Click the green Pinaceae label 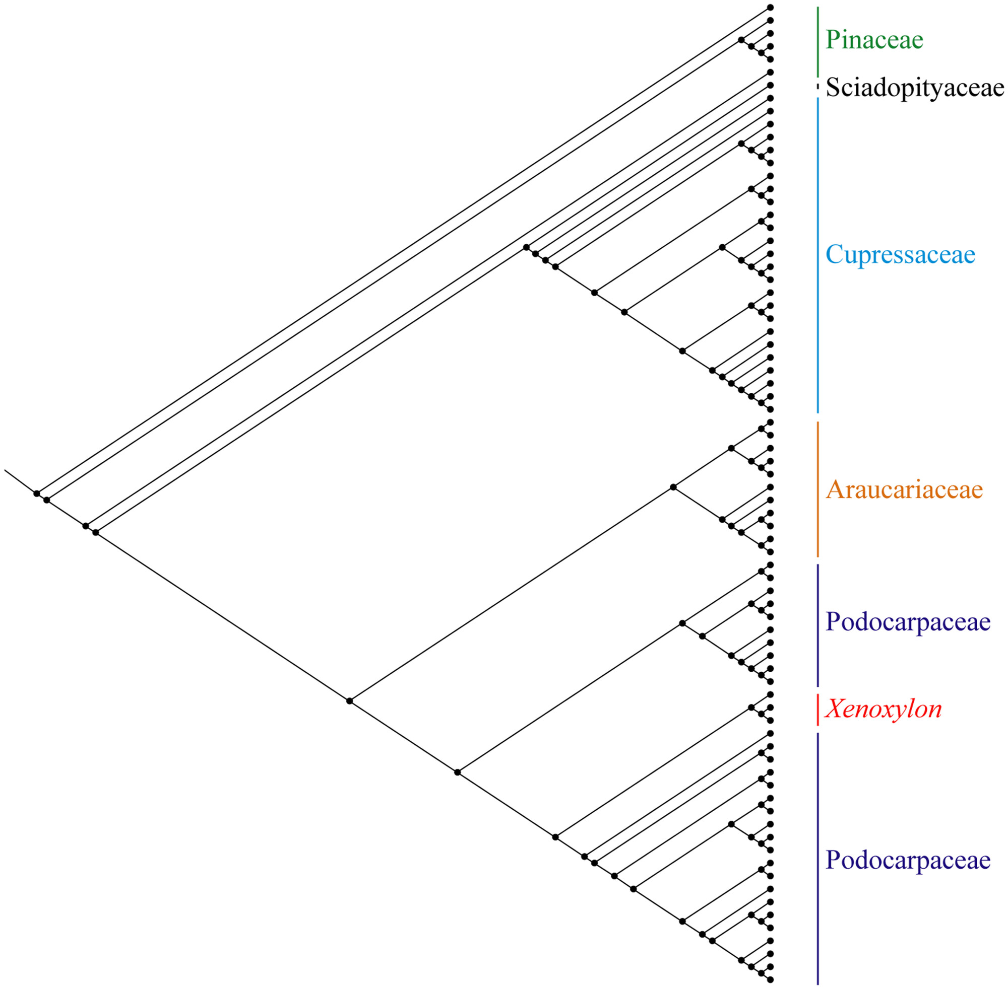pos(874,40)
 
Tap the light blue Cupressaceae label pos(900,254)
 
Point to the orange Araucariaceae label pos(905,489)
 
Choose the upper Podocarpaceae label pos(908,622)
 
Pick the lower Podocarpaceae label pos(908,860)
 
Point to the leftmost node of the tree pos(37,493)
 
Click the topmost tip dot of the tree pos(771,7)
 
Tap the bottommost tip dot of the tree pos(771,979)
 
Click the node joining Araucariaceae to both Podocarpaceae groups pos(350,701)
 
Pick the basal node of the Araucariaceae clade pos(673,487)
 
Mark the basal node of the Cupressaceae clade pos(526,247)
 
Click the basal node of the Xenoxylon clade pos(751,708)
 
